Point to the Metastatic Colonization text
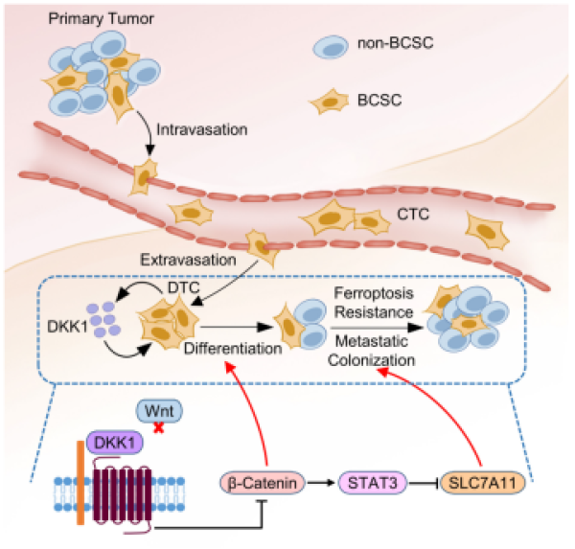(x=374, y=353)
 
